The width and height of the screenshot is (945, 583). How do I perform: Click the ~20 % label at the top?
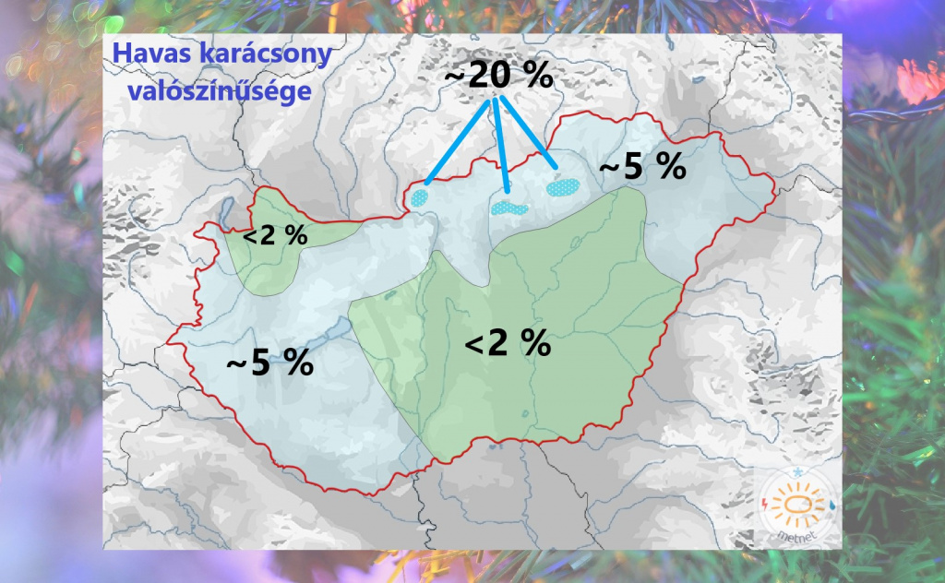pos(498,77)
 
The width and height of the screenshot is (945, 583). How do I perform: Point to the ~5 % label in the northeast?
pos(642,168)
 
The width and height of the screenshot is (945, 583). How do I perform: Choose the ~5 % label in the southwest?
pos(269,363)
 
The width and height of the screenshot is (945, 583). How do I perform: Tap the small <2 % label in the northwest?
pos(274,237)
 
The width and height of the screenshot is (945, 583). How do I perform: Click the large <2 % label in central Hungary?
pos(508,344)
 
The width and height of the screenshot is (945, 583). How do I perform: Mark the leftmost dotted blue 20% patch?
pos(422,196)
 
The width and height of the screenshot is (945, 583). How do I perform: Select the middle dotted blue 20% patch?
pos(509,208)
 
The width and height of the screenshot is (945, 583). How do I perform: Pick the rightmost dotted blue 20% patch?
pos(561,186)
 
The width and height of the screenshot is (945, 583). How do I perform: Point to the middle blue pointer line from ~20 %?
pos(501,143)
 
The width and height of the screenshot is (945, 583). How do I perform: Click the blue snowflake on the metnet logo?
pos(796,475)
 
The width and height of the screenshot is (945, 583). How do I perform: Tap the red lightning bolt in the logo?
pos(769,504)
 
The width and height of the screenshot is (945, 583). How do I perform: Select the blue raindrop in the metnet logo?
pos(831,506)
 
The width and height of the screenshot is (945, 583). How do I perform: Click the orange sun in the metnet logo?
pos(799,506)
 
